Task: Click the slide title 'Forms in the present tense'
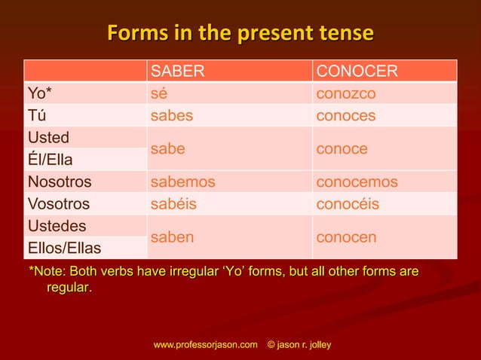pyautogui.click(x=240, y=34)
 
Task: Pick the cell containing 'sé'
pyautogui.click(x=159, y=93)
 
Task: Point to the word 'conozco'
pyautogui.click(x=346, y=93)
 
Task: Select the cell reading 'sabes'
pyautogui.click(x=172, y=115)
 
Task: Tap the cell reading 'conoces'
pyautogui.click(x=346, y=115)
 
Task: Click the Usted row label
pyautogui.click(x=48, y=138)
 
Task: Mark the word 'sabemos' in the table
pyautogui.click(x=183, y=182)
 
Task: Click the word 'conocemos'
pyautogui.click(x=357, y=182)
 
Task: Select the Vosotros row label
pyautogui.click(x=59, y=203)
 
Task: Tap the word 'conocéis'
pyautogui.click(x=348, y=203)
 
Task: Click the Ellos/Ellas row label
pyautogui.click(x=65, y=248)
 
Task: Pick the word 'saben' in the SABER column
pyautogui.click(x=173, y=237)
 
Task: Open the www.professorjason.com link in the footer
pyautogui.click(x=205, y=344)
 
